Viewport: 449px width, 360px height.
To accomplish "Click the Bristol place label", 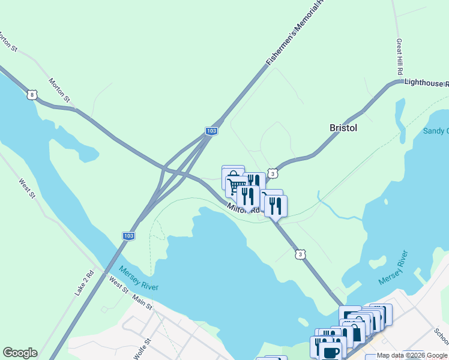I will tap(343, 128).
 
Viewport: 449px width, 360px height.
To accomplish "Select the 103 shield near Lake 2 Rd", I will tap(128, 236).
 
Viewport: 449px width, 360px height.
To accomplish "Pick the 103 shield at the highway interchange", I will tap(211, 130).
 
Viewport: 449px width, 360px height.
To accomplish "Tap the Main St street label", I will tap(143, 302).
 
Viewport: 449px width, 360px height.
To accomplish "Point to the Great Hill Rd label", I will tap(399, 57).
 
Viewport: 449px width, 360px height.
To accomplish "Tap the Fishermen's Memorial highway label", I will tap(294, 33).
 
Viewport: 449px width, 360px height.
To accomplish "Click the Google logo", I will tap(20, 353).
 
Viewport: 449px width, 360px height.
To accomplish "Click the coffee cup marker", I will tap(330, 352).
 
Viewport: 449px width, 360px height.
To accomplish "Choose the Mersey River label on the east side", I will tap(397, 268).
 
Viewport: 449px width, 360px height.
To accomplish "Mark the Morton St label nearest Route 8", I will tap(59, 90).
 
